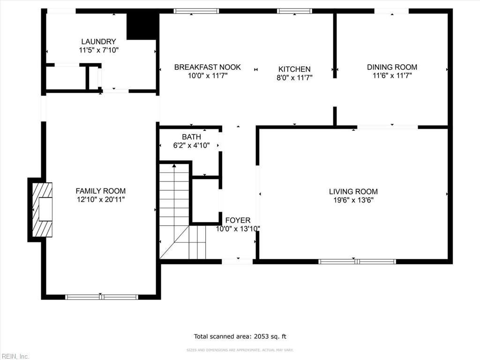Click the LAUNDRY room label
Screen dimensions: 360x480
click(x=98, y=42)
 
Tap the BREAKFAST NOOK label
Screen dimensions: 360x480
click(x=207, y=67)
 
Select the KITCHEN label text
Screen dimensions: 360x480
click(x=294, y=69)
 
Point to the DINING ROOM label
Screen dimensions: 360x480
click(x=392, y=67)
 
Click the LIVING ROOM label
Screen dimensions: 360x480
click(x=353, y=191)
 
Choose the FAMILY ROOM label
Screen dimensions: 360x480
click(x=100, y=191)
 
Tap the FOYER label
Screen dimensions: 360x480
click(x=238, y=220)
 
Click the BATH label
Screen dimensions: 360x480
click(x=191, y=137)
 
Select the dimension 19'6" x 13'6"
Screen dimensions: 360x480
click(x=353, y=200)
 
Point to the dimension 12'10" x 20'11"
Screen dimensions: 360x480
click(x=100, y=200)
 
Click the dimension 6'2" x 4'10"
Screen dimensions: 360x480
click(x=191, y=145)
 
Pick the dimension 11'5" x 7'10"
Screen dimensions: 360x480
click(x=98, y=50)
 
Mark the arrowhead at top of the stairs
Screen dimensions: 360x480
click(x=174, y=165)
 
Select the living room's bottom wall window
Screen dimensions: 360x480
click(x=357, y=262)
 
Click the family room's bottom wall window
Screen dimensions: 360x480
click(x=101, y=297)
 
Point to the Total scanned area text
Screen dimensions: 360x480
click(x=240, y=336)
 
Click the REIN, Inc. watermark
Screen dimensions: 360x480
click(x=15, y=356)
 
